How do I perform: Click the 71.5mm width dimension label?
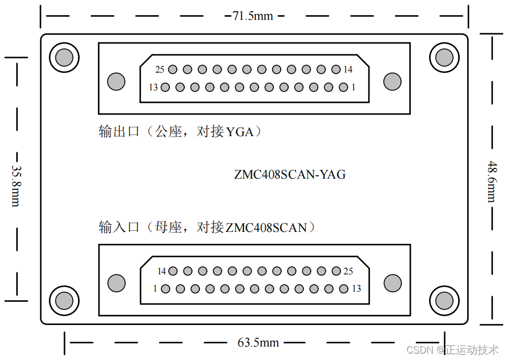point(253,16)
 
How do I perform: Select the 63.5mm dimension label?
point(258,342)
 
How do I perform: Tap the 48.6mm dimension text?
point(491,181)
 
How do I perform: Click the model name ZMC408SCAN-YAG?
point(290,174)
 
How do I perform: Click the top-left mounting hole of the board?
point(64,57)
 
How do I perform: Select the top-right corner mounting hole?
point(444,57)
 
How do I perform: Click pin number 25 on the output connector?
point(173,69)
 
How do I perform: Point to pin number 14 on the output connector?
point(335,69)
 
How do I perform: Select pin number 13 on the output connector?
point(165,87)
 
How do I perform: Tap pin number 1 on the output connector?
point(343,87)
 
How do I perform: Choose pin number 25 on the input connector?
point(336,271)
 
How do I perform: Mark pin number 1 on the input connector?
point(166,288)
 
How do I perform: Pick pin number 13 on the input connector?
point(344,288)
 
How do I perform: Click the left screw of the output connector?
point(116,81)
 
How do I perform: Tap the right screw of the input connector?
point(392,283)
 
